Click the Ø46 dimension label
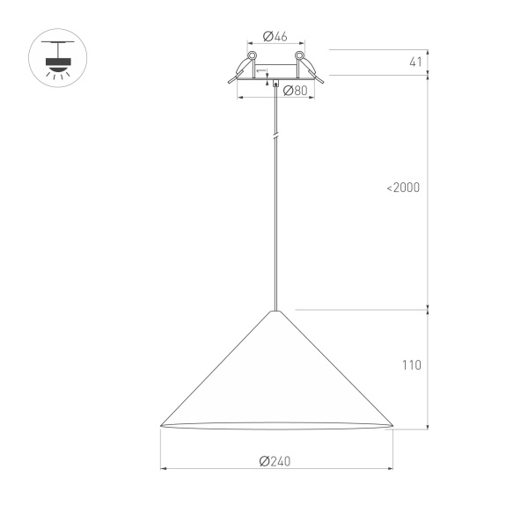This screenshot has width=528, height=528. (x=276, y=36)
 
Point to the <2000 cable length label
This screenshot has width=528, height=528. (x=403, y=187)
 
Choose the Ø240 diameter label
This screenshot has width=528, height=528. (x=275, y=461)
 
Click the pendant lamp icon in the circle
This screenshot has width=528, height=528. (x=58, y=59)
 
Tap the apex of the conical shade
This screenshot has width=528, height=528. (x=276, y=311)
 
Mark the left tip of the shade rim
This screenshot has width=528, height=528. (x=161, y=427)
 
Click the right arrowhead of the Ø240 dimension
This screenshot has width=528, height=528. (x=389, y=469)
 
